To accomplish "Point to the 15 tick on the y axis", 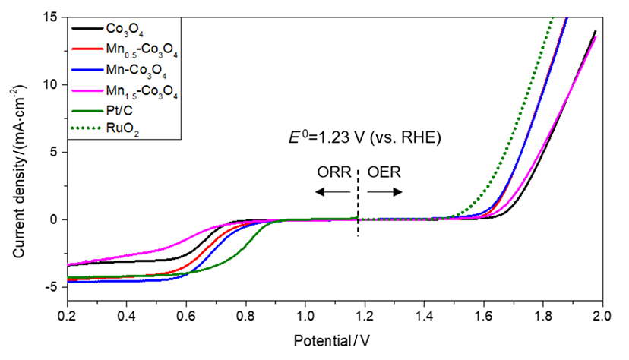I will click(x=52, y=17).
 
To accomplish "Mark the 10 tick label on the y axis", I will click(x=52, y=84).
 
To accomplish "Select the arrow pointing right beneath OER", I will click(x=384, y=193).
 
